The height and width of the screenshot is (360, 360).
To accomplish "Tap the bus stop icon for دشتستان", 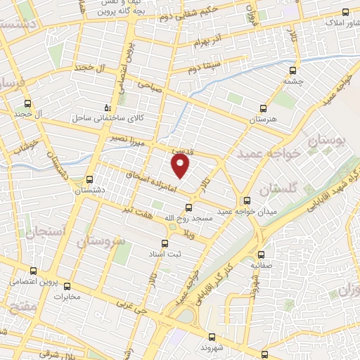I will tap(89, 179).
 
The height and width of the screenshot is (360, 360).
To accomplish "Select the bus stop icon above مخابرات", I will tap(67, 286).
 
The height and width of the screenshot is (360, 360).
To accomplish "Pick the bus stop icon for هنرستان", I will tap(263, 109).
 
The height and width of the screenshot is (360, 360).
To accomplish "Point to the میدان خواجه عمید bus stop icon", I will tap(246, 200).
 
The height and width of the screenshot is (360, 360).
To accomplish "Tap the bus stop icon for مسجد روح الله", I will tap(188, 207).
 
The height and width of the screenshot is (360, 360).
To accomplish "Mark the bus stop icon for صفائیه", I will tap(262, 255).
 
